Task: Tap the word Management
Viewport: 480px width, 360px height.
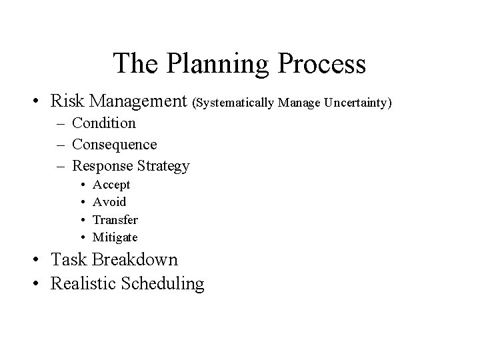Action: click(x=139, y=101)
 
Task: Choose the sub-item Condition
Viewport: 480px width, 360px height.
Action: click(x=103, y=123)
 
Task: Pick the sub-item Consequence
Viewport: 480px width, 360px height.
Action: click(x=114, y=144)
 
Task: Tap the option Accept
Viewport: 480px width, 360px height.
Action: click(x=111, y=185)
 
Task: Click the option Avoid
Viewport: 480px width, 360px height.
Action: click(x=109, y=202)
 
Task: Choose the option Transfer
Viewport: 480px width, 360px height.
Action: click(x=115, y=219)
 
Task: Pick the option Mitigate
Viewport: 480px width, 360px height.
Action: click(x=115, y=237)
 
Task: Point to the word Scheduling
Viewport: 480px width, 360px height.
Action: click(x=161, y=283)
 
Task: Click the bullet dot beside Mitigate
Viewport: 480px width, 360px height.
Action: click(x=80, y=237)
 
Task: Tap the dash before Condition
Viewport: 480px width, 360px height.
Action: click(x=59, y=123)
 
